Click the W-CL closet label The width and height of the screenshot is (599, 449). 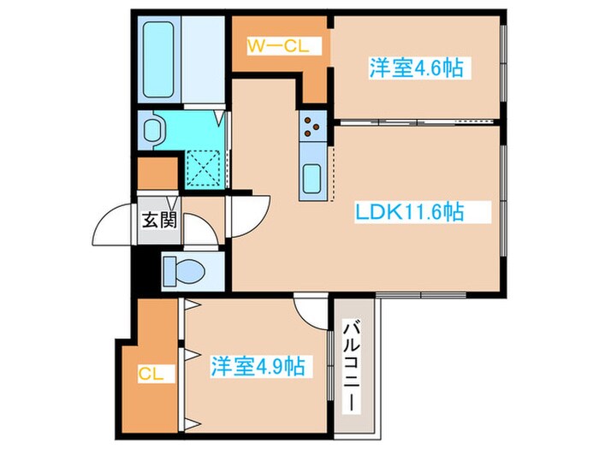pos(273,47)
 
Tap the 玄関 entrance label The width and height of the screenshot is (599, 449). pos(159,221)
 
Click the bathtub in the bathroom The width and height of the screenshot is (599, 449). pos(162,59)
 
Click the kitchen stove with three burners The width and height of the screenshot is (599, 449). pos(311,127)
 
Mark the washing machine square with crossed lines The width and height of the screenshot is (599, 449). pos(205,169)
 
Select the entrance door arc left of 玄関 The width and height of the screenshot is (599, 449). pos(114,224)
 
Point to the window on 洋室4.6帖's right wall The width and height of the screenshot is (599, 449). pos(503,68)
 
